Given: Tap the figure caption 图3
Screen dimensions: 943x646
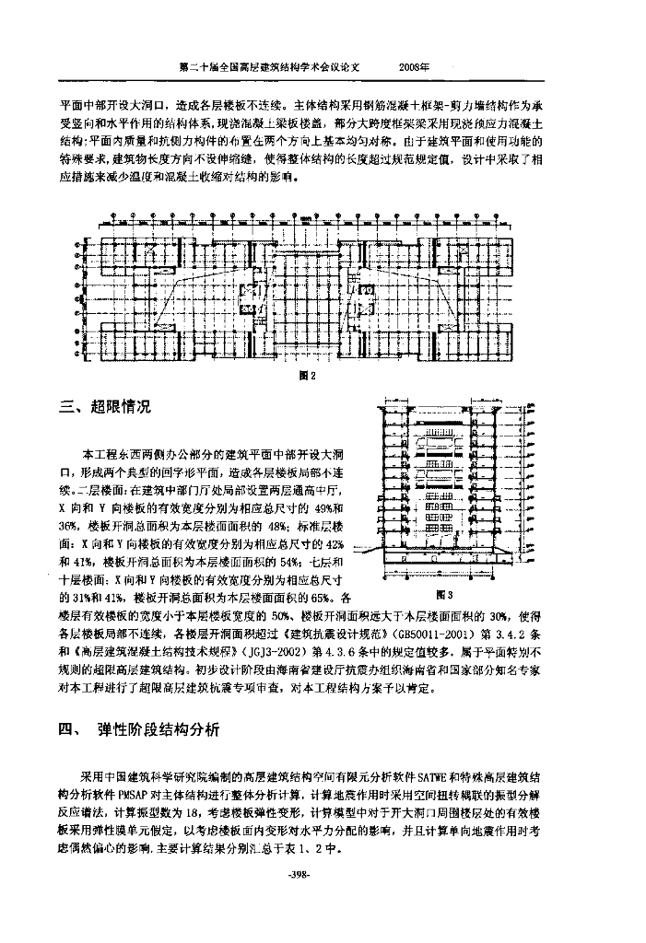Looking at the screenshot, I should pos(444,594).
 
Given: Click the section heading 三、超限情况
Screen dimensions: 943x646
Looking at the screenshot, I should pos(104,407).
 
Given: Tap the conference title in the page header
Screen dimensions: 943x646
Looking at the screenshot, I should pos(271,68).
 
